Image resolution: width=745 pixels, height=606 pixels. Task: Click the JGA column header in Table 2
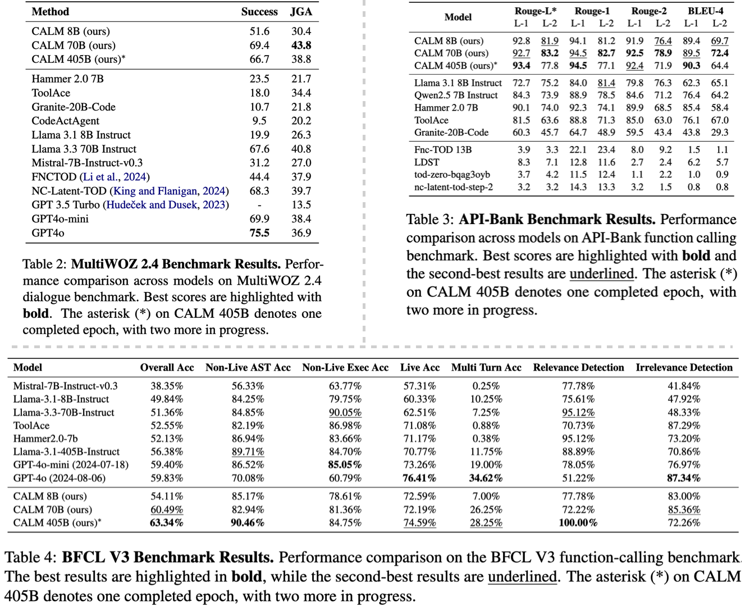click(x=301, y=11)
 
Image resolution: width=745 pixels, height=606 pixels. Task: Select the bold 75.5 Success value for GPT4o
click(x=259, y=233)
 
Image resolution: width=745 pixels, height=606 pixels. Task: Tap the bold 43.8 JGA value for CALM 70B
click(x=301, y=45)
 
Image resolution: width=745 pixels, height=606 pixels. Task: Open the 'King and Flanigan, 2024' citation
click(x=170, y=191)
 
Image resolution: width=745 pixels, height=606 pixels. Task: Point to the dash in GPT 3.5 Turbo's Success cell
click(x=259, y=205)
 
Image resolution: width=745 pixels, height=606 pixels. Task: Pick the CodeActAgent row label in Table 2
click(x=65, y=121)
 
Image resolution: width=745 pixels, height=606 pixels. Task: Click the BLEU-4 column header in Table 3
click(x=705, y=11)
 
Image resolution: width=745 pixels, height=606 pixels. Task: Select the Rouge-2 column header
click(x=649, y=11)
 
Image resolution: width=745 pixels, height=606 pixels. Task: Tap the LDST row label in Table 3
click(x=427, y=162)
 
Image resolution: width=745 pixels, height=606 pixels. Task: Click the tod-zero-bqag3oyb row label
click(x=452, y=175)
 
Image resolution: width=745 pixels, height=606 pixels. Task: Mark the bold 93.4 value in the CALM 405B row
click(x=521, y=66)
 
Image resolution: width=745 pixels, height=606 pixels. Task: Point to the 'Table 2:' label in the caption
click(x=45, y=265)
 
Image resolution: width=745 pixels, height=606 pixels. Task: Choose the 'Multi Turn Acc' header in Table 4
click(x=486, y=367)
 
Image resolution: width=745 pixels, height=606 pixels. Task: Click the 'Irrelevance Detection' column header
click(x=684, y=367)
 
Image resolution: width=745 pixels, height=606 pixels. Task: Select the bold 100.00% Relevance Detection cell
click(x=578, y=523)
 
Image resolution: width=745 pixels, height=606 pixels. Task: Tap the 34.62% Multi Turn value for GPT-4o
click(x=486, y=479)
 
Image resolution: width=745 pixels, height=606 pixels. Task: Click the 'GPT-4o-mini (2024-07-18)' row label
click(x=71, y=465)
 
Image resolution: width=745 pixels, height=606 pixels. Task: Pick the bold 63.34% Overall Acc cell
click(x=167, y=523)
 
